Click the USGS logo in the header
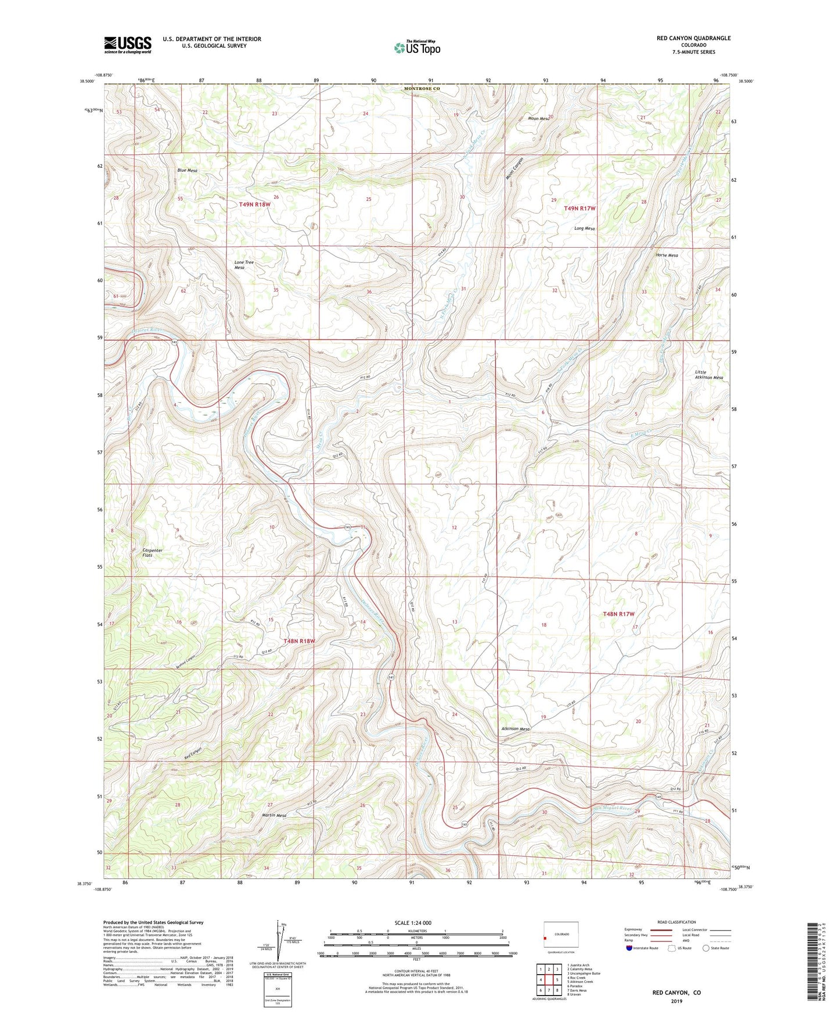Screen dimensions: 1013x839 [x=128, y=44]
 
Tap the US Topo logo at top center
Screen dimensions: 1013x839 [x=417, y=47]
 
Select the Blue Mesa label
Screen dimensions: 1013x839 [x=187, y=171]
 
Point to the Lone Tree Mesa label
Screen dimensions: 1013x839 [x=244, y=265]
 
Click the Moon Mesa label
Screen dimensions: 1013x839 [x=538, y=118]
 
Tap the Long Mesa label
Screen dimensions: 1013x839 [x=584, y=229]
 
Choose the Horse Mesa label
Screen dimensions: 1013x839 [x=665, y=255]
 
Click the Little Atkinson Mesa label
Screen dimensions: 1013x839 [x=709, y=375]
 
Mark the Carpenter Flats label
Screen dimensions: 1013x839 [x=152, y=552]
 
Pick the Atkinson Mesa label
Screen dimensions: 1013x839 [x=515, y=729]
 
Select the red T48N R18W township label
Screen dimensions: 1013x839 [x=299, y=641]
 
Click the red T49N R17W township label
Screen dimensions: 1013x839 [x=579, y=208]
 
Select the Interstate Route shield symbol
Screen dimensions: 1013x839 [x=629, y=949]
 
